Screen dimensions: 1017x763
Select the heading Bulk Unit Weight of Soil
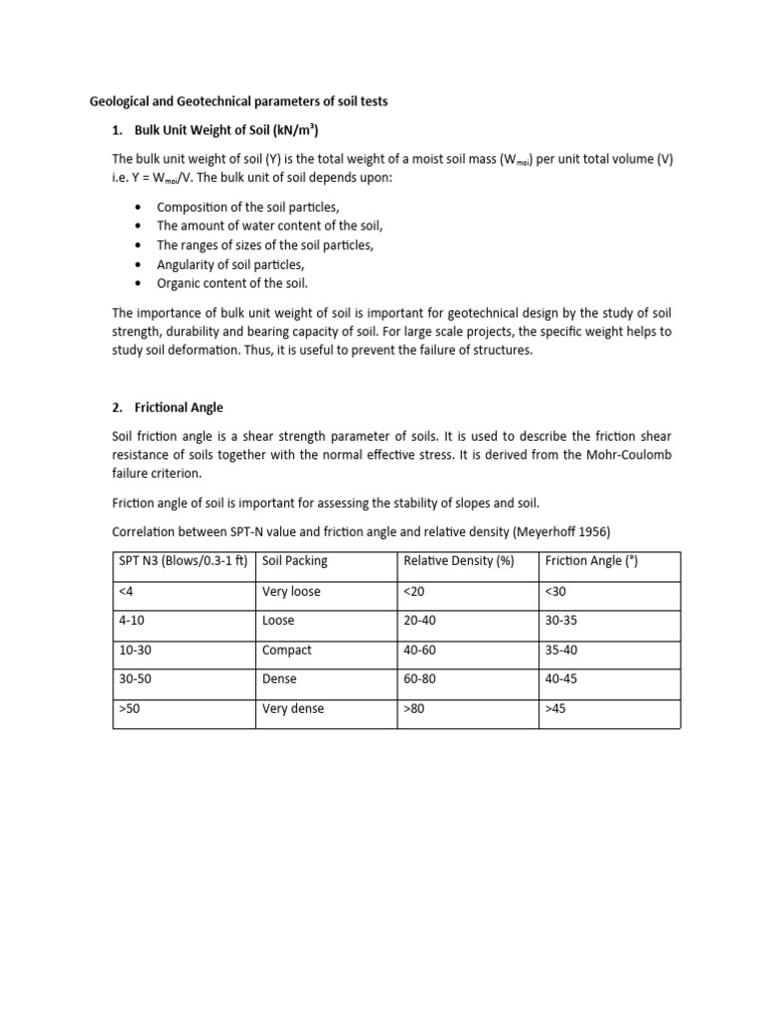pos(224,130)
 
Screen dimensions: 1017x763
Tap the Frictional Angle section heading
pos(180,407)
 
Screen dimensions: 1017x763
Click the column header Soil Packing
pos(294,561)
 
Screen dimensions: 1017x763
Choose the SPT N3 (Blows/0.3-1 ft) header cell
pos(184,561)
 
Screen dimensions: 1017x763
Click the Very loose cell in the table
pos(291,591)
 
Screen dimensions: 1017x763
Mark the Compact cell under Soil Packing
pos(287,650)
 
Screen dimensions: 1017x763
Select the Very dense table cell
pos(293,709)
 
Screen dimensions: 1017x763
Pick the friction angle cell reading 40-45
pos(561,679)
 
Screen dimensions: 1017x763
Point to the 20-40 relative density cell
pos(420,621)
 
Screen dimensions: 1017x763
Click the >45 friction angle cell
pos(556,709)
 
